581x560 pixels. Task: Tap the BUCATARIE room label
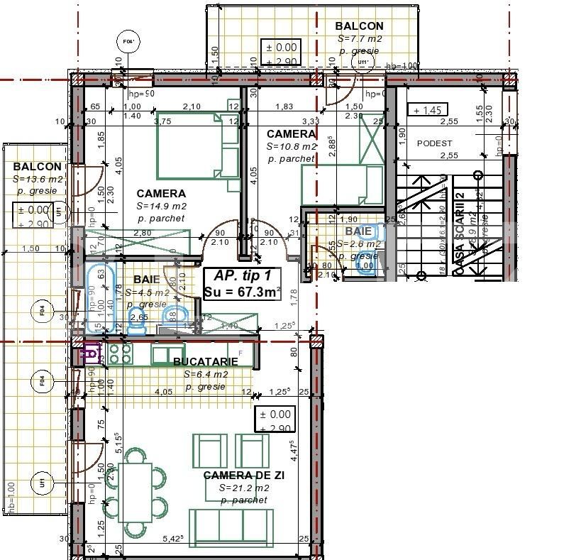[x=205, y=362]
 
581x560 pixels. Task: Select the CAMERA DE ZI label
[x=243, y=476]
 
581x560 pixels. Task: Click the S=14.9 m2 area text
[x=161, y=206]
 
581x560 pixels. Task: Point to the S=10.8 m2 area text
[x=291, y=146]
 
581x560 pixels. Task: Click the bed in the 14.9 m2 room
[x=199, y=145]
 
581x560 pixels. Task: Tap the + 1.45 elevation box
[x=428, y=110]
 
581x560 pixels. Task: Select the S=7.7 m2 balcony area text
[x=360, y=39]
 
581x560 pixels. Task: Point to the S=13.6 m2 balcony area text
[x=38, y=180]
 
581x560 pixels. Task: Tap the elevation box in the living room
[x=275, y=420]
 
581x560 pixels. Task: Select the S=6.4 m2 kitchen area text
[x=205, y=374]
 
